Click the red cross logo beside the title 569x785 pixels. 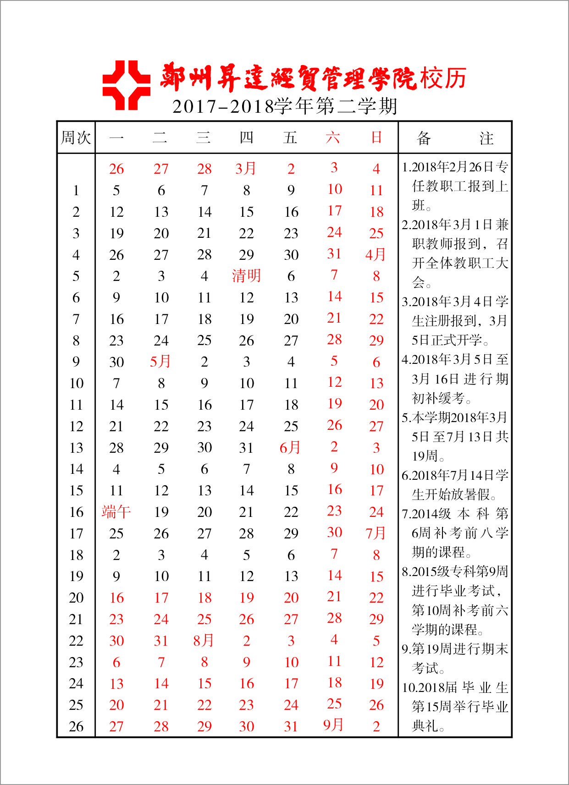[x=126, y=85]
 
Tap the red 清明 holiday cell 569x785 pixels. [x=246, y=276]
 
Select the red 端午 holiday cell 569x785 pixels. [x=116, y=512]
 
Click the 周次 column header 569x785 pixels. [x=76, y=137]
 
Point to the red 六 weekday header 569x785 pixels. [x=333, y=137]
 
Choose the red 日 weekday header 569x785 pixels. [x=376, y=137]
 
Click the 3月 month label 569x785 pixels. [x=245, y=169]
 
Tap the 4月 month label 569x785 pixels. [x=376, y=254]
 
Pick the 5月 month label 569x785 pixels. [x=160, y=362]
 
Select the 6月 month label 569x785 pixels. [x=290, y=447]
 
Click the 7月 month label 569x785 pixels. [x=376, y=533]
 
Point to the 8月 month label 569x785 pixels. [x=204, y=640]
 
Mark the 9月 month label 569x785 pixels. [x=333, y=725]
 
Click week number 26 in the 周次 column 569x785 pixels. [x=76, y=726]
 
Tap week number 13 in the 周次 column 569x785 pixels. [x=76, y=448]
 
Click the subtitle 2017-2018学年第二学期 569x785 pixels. [x=284, y=106]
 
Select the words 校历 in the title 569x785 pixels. [x=443, y=78]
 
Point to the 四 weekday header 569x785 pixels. [x=246, y=137]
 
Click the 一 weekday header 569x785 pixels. [x=116, y=137]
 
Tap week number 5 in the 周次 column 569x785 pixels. [x=76, y=276]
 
